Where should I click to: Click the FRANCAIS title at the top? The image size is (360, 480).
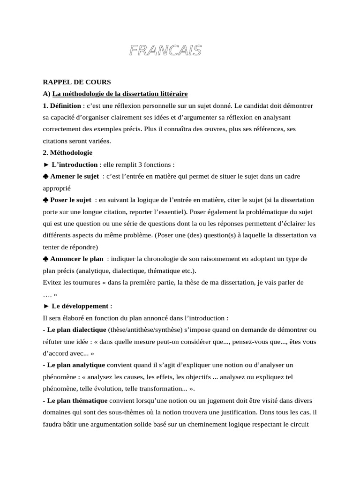(x=165, y=51)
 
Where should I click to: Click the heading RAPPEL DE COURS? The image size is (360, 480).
(x=76, y=82)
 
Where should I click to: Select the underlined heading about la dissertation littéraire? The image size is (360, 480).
(x=120, y=94)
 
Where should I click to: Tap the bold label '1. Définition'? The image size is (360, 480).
(x=61, y=105)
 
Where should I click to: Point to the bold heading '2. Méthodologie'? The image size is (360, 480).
(x=67, y=152)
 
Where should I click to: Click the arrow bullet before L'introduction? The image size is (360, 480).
(x=45, y=165)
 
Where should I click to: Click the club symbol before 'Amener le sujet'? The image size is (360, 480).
(x=45, y=176)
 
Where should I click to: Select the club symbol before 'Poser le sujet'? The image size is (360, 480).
(x=45, y=200)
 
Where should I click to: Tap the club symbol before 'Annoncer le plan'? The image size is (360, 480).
(x=45, y=259)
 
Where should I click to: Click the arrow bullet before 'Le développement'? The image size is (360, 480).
(x=45, y=306)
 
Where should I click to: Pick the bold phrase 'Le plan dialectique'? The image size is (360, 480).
(x=76, y=330)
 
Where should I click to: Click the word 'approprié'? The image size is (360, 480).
(x=56, y=188)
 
